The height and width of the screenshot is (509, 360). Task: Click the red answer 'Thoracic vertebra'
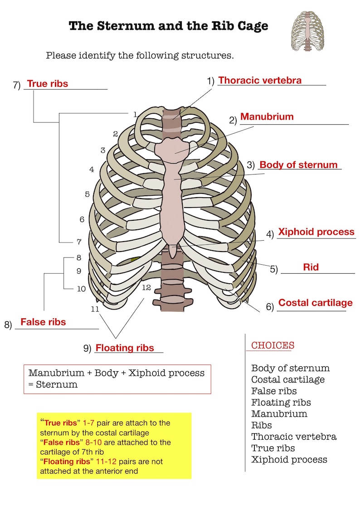(260, 81)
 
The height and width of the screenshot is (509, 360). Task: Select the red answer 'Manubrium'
(267, 117)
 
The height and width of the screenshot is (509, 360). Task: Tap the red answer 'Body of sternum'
(298, 165)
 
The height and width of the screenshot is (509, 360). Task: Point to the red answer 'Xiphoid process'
(316, 232)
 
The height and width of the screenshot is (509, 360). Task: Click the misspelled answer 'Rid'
(311, 267)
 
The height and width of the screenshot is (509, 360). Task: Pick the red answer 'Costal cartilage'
(315, 303)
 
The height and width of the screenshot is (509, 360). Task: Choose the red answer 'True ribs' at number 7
(48, 84)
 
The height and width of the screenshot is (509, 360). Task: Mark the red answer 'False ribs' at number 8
(43, 322)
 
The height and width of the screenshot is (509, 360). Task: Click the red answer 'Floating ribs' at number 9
(125, 348)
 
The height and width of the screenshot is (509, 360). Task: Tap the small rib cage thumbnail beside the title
(308, 31)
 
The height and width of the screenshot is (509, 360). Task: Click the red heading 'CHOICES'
(273, 345)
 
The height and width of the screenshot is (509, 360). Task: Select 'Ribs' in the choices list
(262, 425)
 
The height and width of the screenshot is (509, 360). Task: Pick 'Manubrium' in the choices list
(279, 414)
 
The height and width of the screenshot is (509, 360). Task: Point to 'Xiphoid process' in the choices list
(289, 460)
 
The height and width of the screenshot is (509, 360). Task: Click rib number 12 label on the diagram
(146, 288)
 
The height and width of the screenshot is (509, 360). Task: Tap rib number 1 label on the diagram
(135, 115)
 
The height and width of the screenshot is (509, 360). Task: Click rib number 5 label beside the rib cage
(87, 194)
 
